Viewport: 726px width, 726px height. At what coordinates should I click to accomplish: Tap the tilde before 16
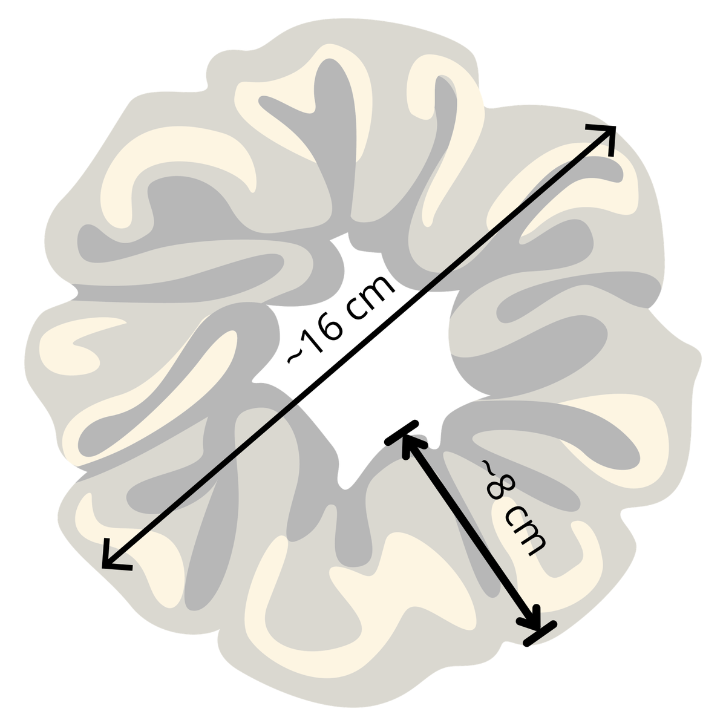tap(295, 355)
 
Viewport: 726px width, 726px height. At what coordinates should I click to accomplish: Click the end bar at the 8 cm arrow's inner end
tap(402, 433)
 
